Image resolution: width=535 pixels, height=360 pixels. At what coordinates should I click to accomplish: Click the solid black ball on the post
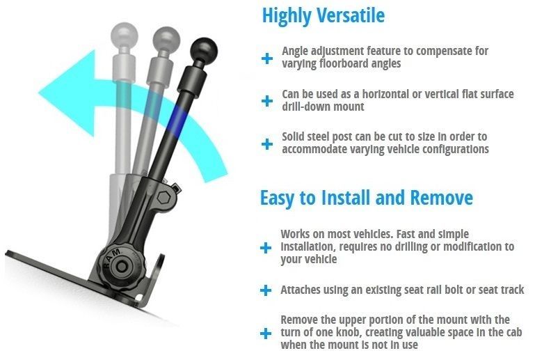click(204, 51)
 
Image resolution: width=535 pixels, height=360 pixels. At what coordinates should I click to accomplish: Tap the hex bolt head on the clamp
click(164, 198)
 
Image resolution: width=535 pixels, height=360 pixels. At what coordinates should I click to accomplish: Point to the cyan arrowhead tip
click(39, 91)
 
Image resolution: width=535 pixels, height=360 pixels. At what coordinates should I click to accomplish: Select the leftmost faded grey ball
click(125, 35)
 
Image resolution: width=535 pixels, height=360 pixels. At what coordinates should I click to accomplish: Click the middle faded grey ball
click(166, 40)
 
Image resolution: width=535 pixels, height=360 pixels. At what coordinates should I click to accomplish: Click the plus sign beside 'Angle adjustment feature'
click(267, 58)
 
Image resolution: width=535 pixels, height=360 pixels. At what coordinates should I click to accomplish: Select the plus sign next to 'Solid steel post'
click(267, 144)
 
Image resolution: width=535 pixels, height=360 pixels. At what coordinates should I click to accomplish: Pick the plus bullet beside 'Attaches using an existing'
click(266, 290)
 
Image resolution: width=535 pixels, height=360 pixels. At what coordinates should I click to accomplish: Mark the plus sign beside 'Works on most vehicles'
click(266, 248)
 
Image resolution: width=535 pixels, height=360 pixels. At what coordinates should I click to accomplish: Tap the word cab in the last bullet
click(513, 332)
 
